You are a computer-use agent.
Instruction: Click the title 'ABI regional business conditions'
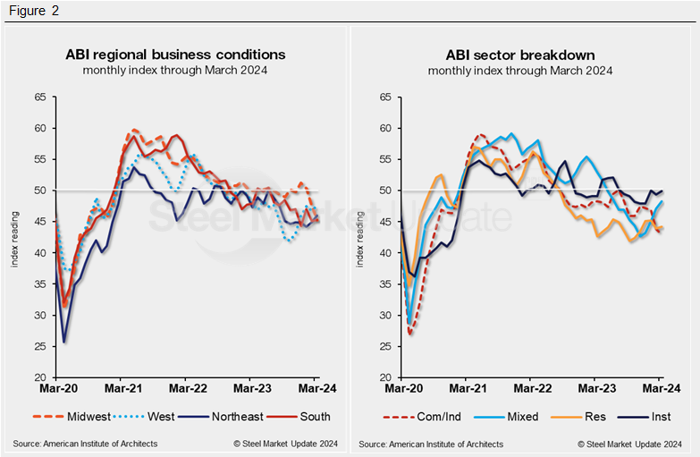pos(175,55)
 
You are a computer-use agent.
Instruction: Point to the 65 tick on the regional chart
pos(39,97)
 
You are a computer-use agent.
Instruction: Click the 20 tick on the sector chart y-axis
pos(385,378)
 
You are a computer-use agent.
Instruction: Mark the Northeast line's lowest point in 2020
pos(65,342)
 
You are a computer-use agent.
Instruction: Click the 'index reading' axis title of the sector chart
pos(362,238)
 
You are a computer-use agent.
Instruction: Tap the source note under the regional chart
pos(85,444)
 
